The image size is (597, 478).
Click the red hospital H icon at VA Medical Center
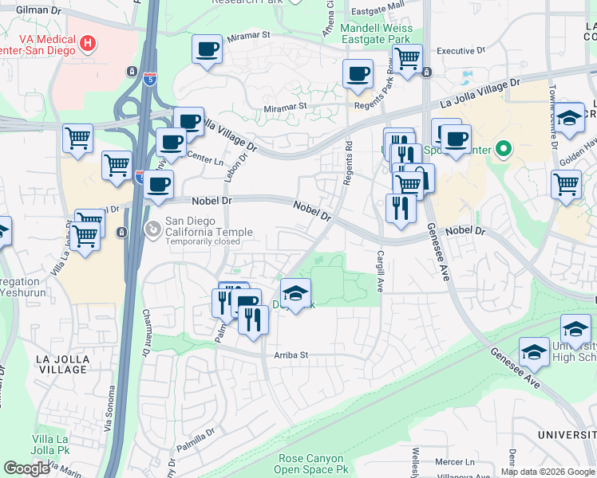pyautogui.click(x=88, y=41)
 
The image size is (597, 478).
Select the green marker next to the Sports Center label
pyautogui.click(x=502, y=149)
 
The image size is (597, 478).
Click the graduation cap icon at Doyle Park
pyautogui.click(x=295, y=293)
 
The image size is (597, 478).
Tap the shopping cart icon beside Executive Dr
pyautogui.click(x=408, y=58)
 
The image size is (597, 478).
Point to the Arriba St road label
pyautogui.click(x=291, y=355)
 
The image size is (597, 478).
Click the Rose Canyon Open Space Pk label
pyautogui.click(x=311, y=464)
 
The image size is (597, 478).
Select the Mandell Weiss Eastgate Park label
pyautogui.click(x=375, y=33)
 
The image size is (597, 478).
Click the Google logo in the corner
pyautogui.click(x=26, y=468)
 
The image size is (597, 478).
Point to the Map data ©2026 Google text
pyautogui.click(x=547, y=472)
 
